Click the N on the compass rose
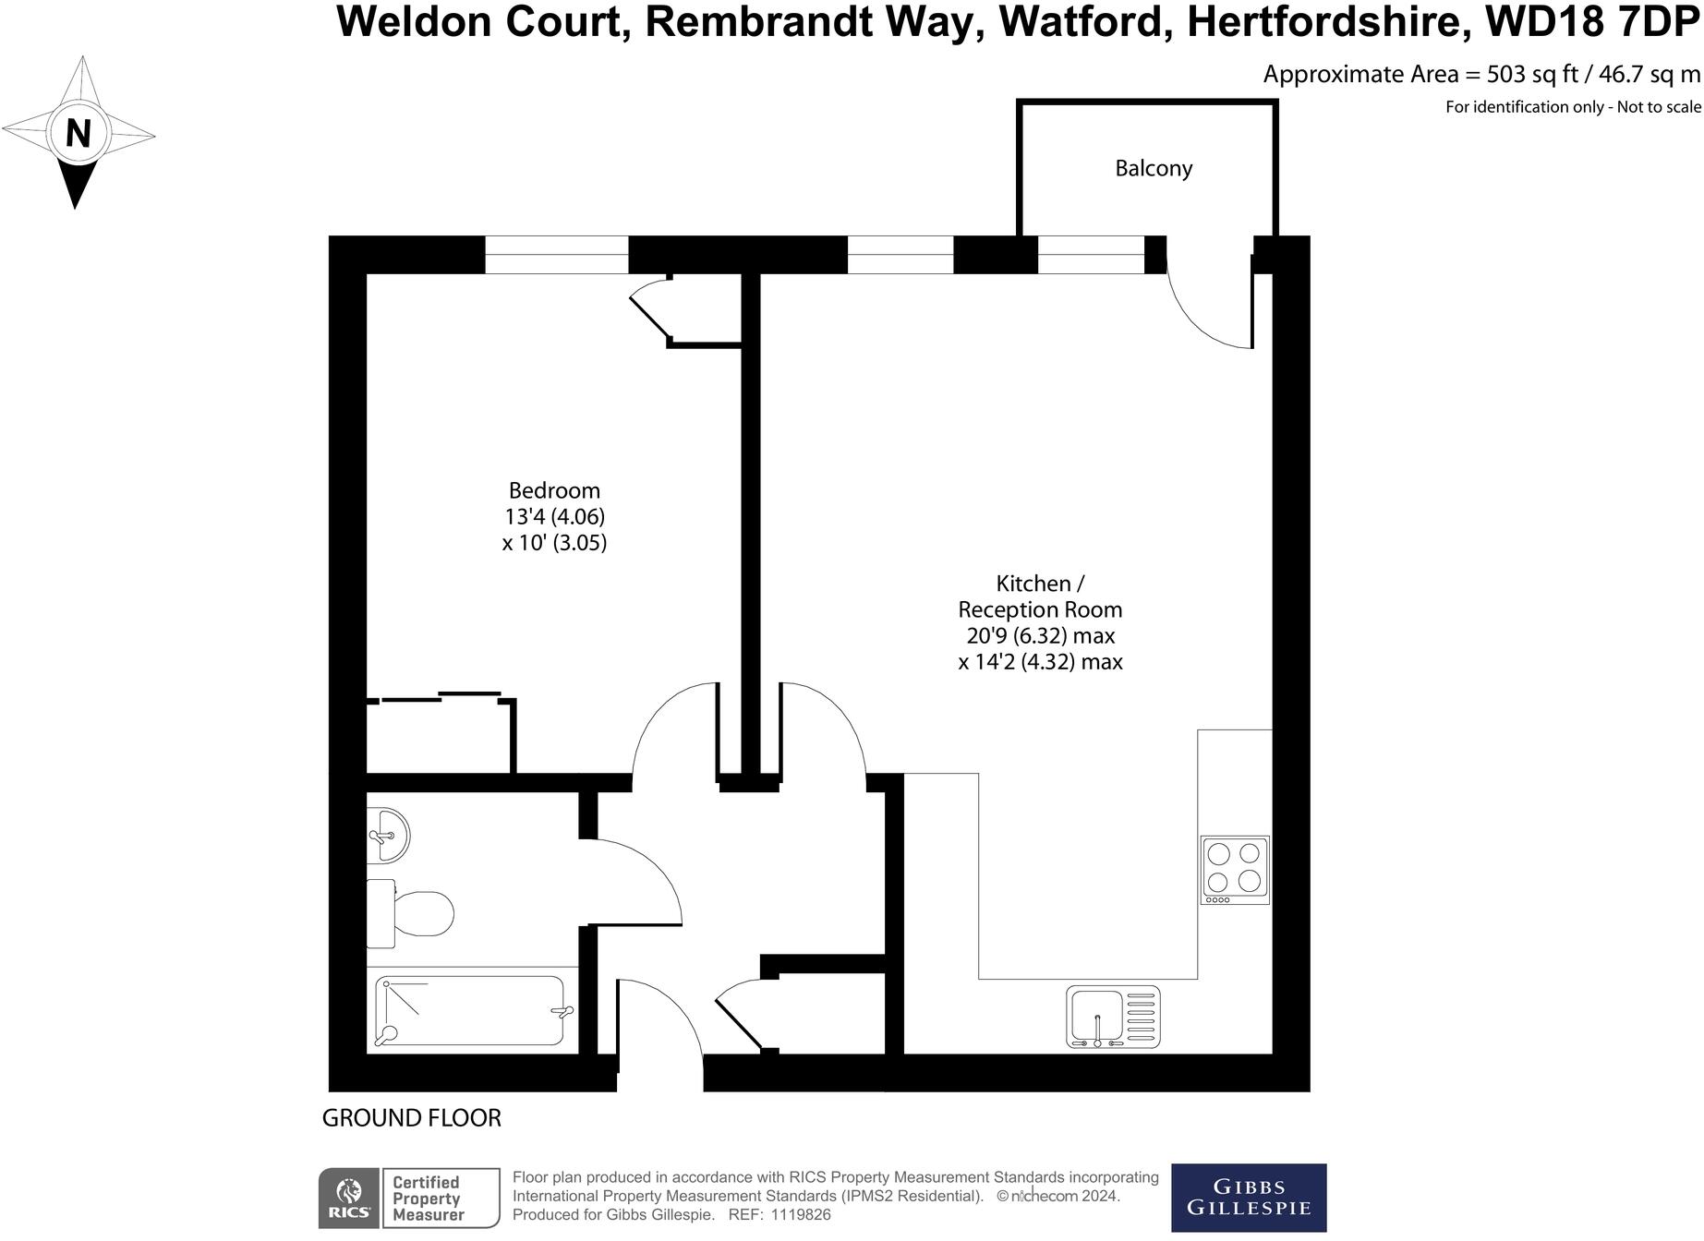[78, 134]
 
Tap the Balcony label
[1154, 168]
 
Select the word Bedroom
[554, 490]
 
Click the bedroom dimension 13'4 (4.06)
[554, 516]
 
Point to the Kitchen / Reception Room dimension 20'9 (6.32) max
[1041, 636]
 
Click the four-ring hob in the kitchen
[1235, 870]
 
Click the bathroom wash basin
[388, 836]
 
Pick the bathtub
[471, 1011]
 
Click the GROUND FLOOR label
[411, 1118]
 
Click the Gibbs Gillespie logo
[1248, 1198]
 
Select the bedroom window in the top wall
[557, 255]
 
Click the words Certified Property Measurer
[427, 1199]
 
